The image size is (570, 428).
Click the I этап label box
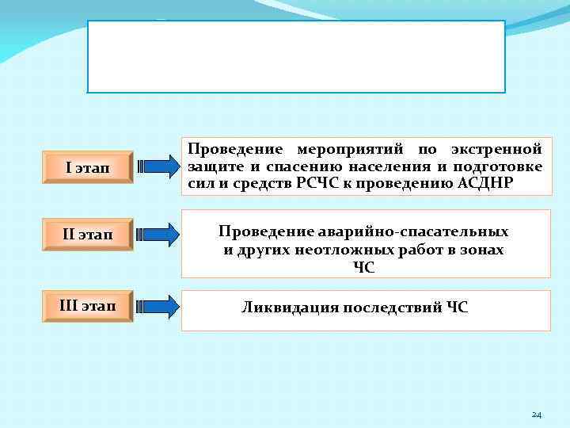click(89, 167)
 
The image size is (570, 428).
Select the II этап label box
click(88, 235)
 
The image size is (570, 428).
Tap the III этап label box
click(88, 305)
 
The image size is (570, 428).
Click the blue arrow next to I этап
click(158, 167)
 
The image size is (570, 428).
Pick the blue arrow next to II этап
click(158, 235)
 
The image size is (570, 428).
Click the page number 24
click(536, 415)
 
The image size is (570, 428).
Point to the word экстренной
click(496, 149)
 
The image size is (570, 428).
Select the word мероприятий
click(349, 149)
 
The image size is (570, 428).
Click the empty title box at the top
click(295, 57)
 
